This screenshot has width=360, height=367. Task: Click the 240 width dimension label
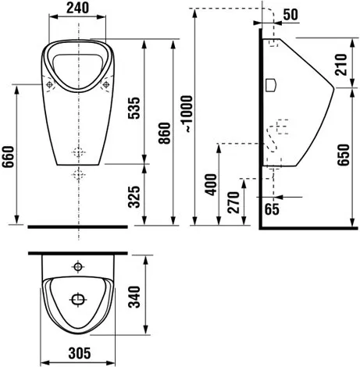pos(77,8)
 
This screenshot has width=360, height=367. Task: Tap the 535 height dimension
pos(134,108)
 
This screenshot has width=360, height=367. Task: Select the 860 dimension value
pos(165,134)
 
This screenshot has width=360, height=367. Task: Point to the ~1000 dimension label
pos(187,114)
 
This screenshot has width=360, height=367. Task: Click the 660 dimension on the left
pos(8,157)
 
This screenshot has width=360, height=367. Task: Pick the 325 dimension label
pos(134,197)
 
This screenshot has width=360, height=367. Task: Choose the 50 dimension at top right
pos(290,15)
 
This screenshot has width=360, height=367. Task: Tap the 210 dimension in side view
pos(341,64)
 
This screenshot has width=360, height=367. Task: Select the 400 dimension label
pos(211,184)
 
